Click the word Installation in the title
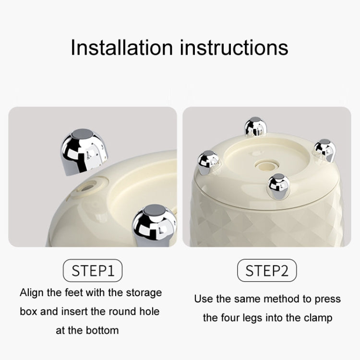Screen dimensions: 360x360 click(122, 48)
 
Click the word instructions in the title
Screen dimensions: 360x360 click(234, 48)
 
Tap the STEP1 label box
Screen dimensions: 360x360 click(93, 270)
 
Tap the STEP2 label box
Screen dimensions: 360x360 click(267, 270)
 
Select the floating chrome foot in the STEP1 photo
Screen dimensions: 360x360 click(84, 152)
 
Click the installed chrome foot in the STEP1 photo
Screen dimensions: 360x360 click(154, 225)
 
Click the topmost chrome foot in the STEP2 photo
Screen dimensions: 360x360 click(255, 127)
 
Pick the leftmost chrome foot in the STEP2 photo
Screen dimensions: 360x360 click(208, 162)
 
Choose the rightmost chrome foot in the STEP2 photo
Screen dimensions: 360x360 click(324, 150)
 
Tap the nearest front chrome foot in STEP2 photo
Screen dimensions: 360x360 click(279, 186)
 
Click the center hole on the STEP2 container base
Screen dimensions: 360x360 click(266, 165)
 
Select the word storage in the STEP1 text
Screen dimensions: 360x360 click(144, 293)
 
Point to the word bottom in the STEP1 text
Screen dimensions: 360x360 click(102, 331)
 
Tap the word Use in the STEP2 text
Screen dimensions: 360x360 click(203, 299)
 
